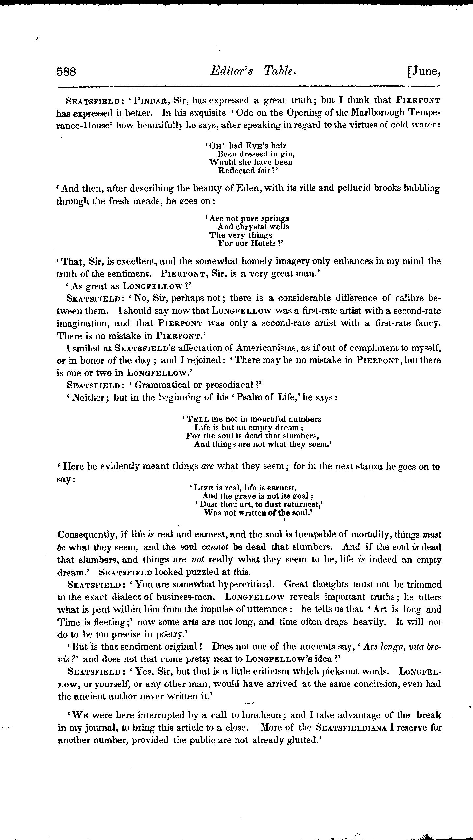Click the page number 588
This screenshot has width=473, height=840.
(66, 72)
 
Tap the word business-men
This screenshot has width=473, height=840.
(187, 597)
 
